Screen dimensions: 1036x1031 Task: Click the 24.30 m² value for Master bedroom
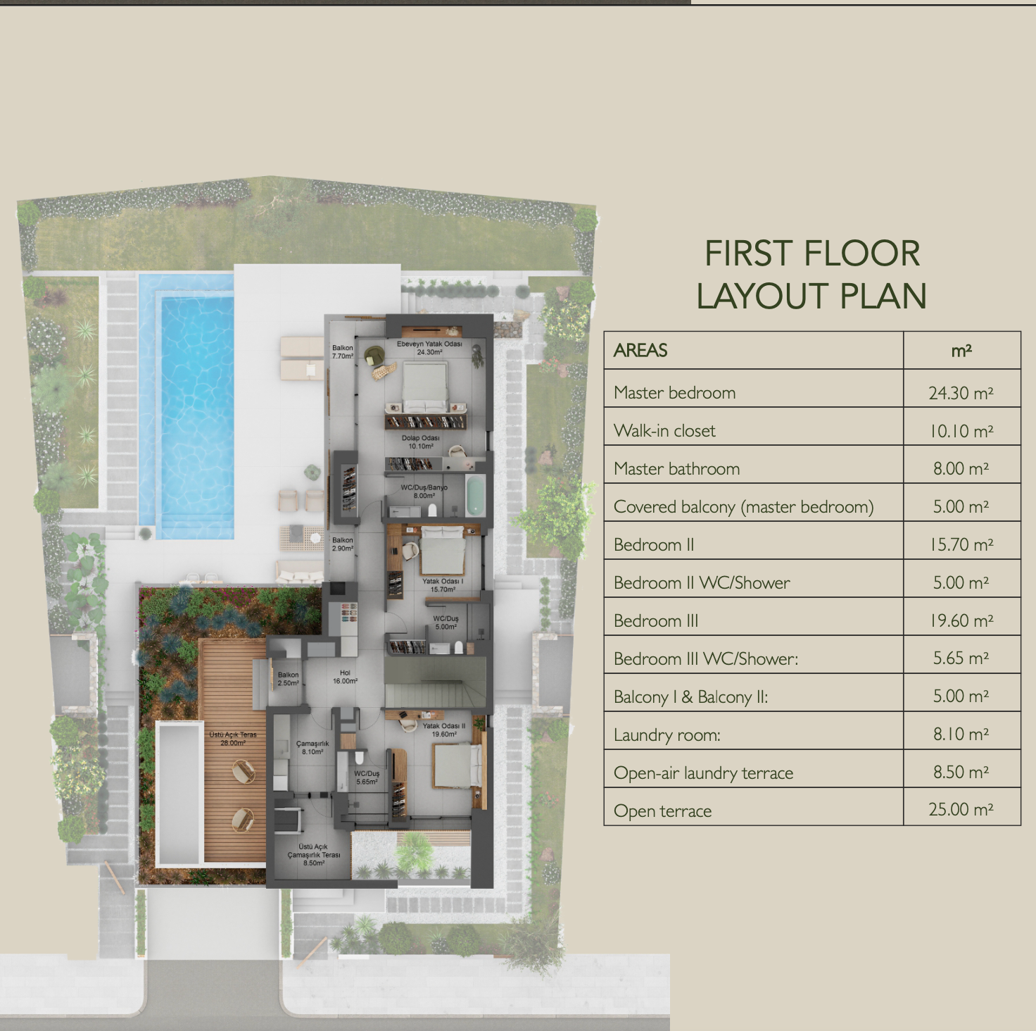click(961, 393)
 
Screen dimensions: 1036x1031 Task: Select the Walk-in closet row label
click(664, 430)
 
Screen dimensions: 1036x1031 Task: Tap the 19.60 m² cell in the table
click(961, 620)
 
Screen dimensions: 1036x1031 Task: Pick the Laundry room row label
click(667, 735)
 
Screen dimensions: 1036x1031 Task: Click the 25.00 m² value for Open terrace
click(961, 809)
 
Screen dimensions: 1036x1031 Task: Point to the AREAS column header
click(640, 350)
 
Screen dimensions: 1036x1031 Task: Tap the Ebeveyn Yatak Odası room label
click(429, 344)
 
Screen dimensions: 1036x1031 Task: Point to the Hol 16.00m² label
click(345, 676)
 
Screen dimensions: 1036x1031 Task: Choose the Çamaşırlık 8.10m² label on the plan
click(312, 747)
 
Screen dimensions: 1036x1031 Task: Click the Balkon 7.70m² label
click(343, 352)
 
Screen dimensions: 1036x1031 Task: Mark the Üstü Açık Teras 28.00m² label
click(233, 738)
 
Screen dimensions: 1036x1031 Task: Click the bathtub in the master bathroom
click(475, 496)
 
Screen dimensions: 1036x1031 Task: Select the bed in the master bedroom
click(425, 387)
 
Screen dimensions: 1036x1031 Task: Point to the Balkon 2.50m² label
click(288, 679)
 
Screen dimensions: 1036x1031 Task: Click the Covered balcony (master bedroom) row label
click(743, 507)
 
